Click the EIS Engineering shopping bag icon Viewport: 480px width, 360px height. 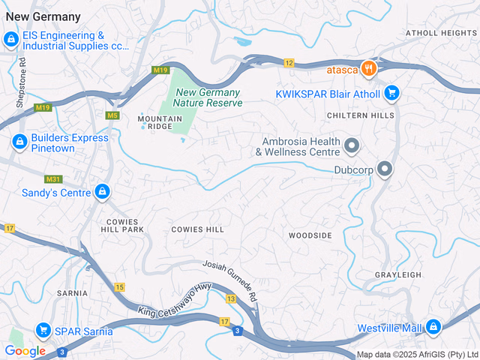(12, 39)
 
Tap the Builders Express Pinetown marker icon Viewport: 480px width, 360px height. (19, 142)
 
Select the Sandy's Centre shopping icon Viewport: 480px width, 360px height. (101, 193)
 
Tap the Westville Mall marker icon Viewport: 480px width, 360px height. (433, 327)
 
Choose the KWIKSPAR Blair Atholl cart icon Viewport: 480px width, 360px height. (391, 93)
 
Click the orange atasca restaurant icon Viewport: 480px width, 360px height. (367, 70)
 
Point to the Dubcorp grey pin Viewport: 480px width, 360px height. (385, 169)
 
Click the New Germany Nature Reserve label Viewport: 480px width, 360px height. (208, 97)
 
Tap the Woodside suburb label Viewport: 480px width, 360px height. (310, 235)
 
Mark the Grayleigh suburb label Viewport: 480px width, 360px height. (397, 275)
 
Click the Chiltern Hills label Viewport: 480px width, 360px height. (360, 115)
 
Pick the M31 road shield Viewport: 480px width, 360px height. (52, 179)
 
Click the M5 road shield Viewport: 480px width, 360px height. (112, 115)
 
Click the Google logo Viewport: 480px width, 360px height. (25, 350)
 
